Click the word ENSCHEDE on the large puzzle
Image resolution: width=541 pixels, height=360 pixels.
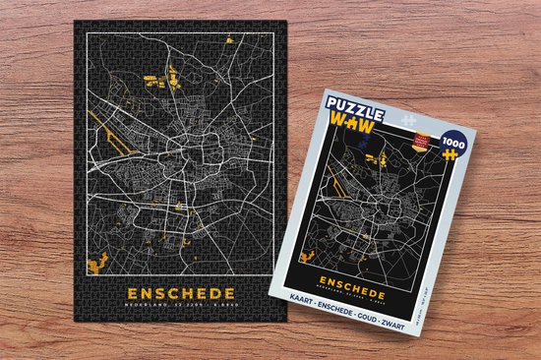point(180,293)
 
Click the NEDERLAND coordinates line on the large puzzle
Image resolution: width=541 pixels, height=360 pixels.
point(180,307)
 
